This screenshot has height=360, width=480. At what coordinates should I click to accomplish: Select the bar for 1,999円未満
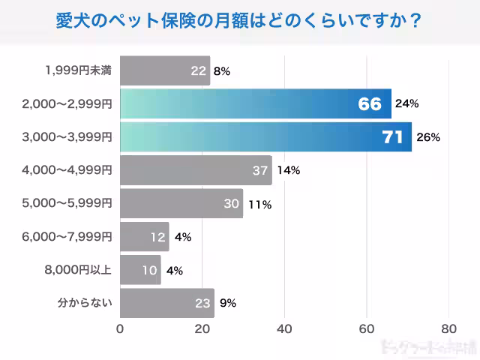(165, 71)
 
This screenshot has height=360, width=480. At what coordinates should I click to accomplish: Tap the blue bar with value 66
(255, 104)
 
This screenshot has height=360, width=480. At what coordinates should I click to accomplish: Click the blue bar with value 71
(265, 137)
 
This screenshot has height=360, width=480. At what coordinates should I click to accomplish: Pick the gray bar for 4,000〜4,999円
(196, 170)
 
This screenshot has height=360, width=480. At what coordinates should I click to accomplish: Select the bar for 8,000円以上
(140, 270)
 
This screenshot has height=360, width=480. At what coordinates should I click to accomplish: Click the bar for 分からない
(166, 303)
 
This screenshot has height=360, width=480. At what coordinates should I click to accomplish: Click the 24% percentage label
(406, 104)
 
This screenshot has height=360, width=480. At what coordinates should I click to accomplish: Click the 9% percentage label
(228, 303)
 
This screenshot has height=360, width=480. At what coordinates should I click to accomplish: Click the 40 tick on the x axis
(284, 328)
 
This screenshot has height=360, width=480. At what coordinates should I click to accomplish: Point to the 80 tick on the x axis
(448, 328)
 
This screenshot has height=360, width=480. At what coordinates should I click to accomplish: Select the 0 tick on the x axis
(120, 328)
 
